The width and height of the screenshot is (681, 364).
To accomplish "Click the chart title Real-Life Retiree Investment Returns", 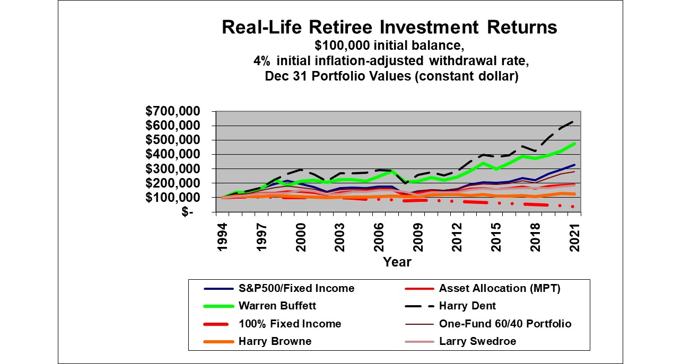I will [389, 27].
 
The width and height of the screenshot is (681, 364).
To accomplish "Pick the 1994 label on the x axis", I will [222, 233].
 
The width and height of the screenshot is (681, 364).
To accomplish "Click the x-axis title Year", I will [397, 261].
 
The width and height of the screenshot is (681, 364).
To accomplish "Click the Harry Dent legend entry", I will [467, 306].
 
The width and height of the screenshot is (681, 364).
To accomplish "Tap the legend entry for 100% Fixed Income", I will [290, 323].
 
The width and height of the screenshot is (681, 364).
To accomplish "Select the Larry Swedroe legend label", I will [477, 341].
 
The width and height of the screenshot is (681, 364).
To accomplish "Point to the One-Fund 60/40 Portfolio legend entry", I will [505, 323].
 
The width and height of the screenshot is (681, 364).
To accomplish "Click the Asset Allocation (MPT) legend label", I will [500, 288].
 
